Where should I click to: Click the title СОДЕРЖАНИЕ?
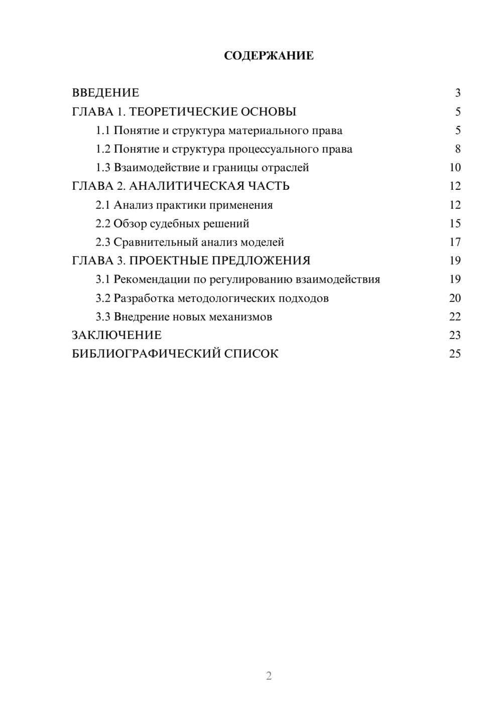(269, 56)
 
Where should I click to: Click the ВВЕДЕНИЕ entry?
(105, 93)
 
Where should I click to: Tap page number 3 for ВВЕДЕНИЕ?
(457, 93)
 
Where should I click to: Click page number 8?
(457, 149)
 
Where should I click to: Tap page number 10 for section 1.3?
(455, 168)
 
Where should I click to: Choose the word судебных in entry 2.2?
(175, 223)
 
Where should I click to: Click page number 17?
(455, 242)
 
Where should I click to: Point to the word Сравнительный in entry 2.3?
(156, 242)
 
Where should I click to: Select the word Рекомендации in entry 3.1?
(152, 279)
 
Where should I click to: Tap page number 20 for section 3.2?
(455, 298)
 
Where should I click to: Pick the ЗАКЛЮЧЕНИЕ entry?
(116, 335)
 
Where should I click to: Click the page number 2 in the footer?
(269, 676)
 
